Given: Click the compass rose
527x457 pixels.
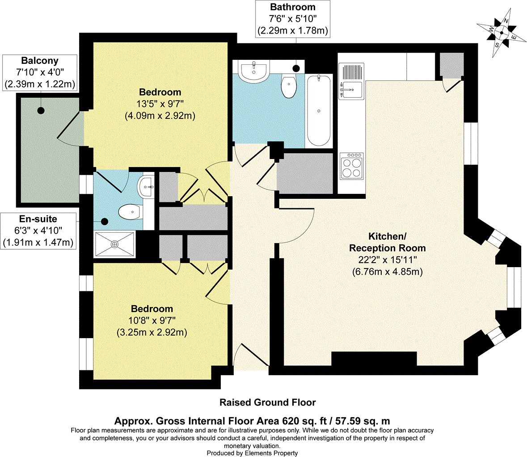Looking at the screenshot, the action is coord(501,33).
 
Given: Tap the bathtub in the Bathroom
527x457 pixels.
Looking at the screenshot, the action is coord(319,110).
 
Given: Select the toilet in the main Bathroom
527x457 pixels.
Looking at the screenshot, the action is coord(289,86).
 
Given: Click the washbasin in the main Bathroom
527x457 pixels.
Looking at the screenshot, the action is coord(254,71).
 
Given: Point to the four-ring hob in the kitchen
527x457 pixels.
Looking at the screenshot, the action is coord(352,166).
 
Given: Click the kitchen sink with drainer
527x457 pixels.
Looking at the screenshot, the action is coord(351,81).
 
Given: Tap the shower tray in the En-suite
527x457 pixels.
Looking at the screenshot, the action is coord(115,244).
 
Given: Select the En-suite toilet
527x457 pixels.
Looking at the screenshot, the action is coord(131,212).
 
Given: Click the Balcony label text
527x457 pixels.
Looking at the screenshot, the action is coord(40,61).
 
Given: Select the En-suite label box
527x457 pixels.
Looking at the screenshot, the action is coord(38,231).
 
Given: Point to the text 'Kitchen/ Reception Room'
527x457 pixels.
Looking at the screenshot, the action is coord(387,242).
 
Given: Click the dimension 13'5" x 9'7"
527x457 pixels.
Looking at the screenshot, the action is coord(160,104).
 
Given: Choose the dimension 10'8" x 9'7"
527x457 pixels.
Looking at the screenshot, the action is coord(152,320).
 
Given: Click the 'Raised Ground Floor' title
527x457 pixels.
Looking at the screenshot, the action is coord(268,402).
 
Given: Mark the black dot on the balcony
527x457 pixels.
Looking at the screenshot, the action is coord(41,110).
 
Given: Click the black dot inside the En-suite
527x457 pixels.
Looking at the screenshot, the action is coord(105,221).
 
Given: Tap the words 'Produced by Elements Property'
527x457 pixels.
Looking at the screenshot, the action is coord(252,453).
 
